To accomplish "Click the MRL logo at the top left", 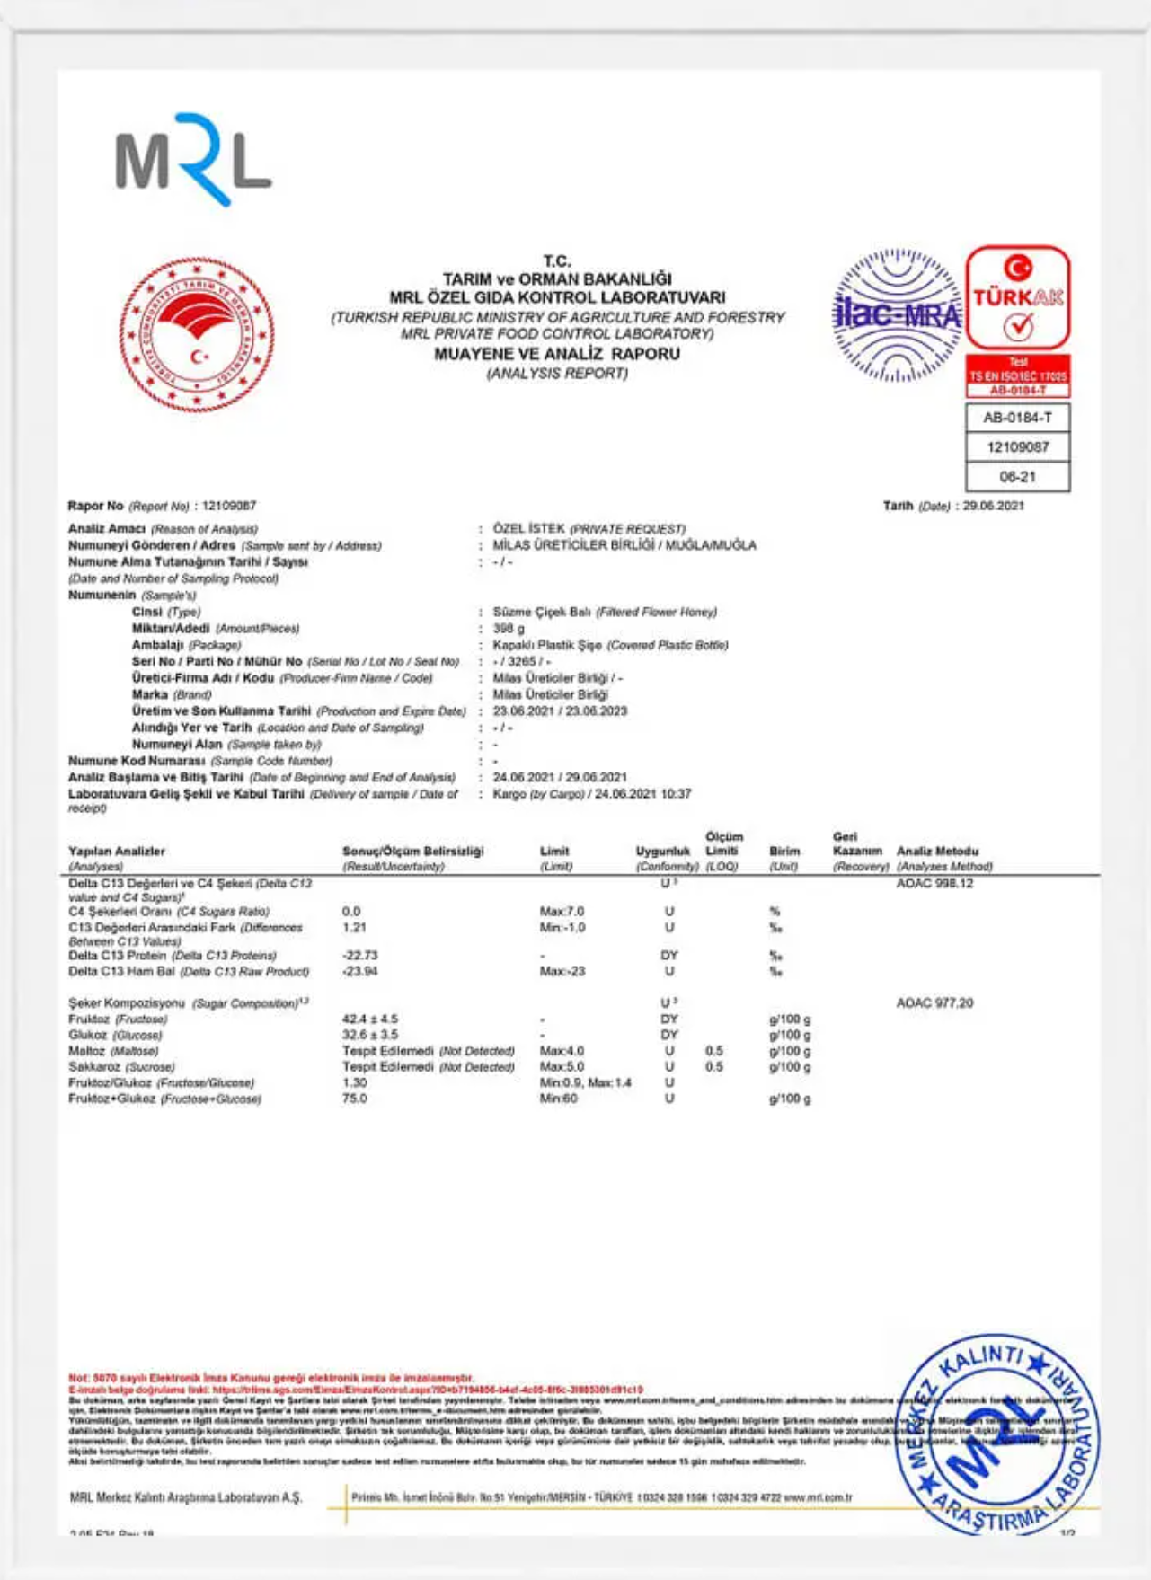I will pyautogui.click(x=193, y=161).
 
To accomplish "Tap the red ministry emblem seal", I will pyautogui.click(x=197, y=334).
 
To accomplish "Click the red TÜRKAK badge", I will pyautogui.click(x=1018, y=299).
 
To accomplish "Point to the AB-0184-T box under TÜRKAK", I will pyautogui.click(x=1017, y=418).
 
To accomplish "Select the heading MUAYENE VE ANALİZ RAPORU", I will pyautogui.click(x=557, y=354).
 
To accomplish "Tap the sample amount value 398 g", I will pyautogui.click(x=509, y=629).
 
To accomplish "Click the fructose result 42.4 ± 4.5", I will pyautogui.click(x=370, y=1019).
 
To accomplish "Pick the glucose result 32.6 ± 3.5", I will pyautogui.click(x=370, y=1035).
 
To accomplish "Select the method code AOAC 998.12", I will pyautogui.click(x=934, y=884).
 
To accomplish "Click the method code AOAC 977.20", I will pyautogui.click(x=934, y=1003).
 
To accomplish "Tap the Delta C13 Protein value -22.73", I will pyautogui.click(x=360, y=956).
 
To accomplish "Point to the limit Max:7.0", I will pyautogui.click(x=562, y=912).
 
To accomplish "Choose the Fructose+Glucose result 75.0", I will pyautogui.click(x=355, y=1099).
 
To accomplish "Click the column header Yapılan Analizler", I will pyautogui.click(x=117, y=851).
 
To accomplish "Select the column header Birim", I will pyautogui.click(x=784, y=851).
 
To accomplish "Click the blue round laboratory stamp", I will pyautogui.click(x=997, y=1434).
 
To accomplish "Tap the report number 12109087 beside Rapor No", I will pyautogui.click(x=229, y=506).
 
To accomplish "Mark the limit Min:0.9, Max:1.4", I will pyautogui.click(x=586, y=1083).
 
